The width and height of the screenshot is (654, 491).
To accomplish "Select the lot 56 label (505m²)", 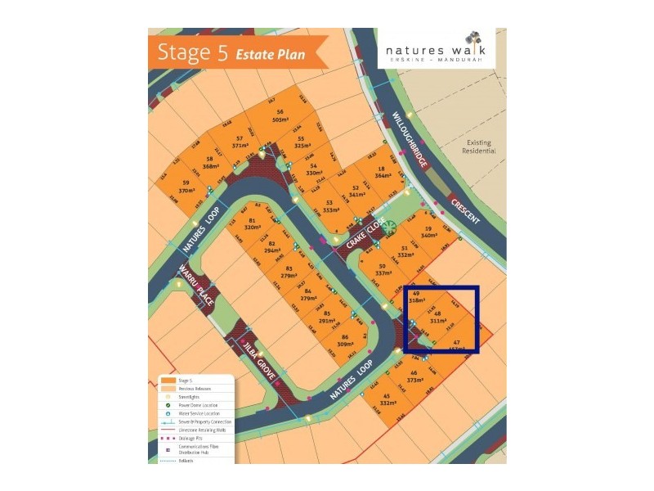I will click(x=280, y=115).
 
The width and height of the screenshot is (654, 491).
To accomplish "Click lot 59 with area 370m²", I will click(x=186, y=186).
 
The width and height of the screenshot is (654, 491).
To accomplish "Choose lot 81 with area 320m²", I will click(x=252, y=225).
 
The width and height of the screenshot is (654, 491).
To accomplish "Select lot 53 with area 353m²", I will click(x=329, y=206).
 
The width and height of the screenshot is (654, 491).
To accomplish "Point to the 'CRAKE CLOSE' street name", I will click(x=363, y=238).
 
